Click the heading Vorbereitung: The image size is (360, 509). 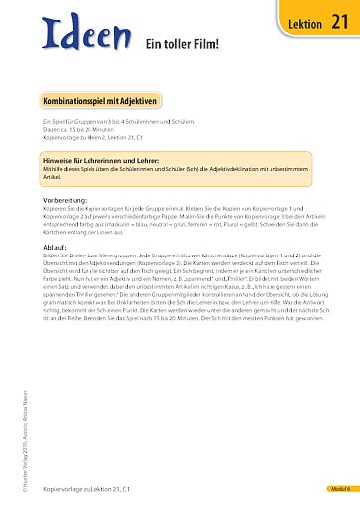click(65, 199)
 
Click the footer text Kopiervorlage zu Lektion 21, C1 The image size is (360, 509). click(85, 490)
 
